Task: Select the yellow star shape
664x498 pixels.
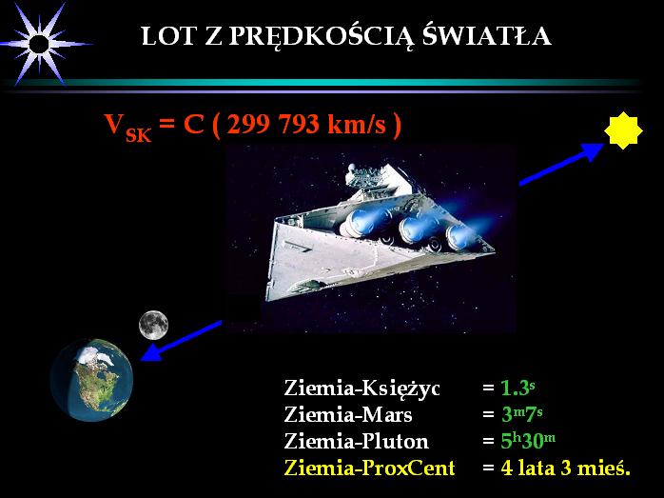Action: click(x=623, y=130)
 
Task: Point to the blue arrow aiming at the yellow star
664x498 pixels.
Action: click(x=561, y=164)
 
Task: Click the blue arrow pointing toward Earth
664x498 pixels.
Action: click(x=182, y=341)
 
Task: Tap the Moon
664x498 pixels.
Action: click(x=154, y=326)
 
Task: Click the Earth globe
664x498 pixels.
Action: click(x=91, y=380)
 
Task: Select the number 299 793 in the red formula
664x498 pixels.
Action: click(x=272, y=124)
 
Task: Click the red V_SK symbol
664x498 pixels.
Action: click(x=127, y=128)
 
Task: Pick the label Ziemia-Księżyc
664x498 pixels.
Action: click(x=362, y=388)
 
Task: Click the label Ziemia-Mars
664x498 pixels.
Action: click(x=348, y=414)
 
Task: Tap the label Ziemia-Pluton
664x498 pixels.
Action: click(x=356, y=441)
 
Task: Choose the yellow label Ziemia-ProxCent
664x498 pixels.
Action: click(x=370, y=468)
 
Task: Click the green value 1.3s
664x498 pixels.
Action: click(x=518, y=388)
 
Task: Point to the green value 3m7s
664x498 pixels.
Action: click(x=521, y=414)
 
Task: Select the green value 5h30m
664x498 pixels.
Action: click(x=528, y=441)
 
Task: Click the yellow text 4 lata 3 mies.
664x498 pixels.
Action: click(x=566, y=468)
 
